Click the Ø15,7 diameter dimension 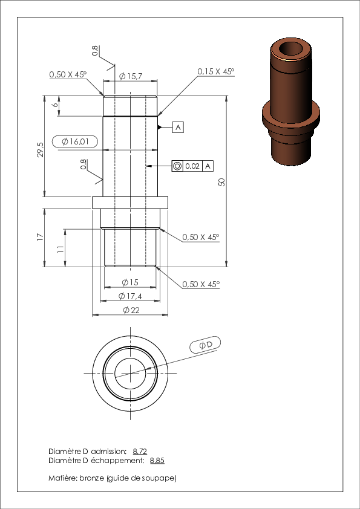130,76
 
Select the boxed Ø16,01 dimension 75,141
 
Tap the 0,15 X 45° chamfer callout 216,71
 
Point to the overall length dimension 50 222,182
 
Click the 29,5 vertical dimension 41,150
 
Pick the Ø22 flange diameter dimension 131,310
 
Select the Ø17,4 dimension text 130,296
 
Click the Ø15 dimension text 130,282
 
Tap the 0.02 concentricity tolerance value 192,166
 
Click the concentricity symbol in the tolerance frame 177,166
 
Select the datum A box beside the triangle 178,127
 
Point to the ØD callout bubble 205,345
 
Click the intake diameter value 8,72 140,451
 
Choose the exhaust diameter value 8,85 157,460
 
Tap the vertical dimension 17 40,238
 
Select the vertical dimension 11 61,249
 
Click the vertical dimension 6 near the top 55,105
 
